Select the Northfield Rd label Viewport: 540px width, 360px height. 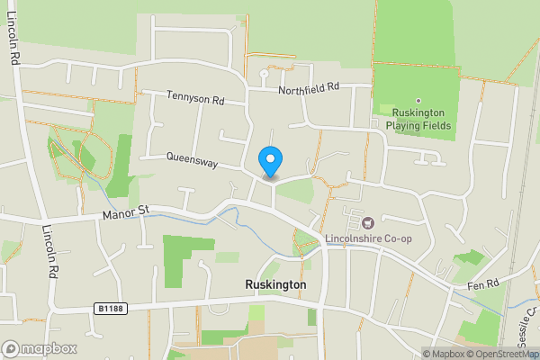(308, 87)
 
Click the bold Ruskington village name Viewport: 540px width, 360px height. (275, 284)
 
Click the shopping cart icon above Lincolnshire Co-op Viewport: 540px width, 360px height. (367, 222)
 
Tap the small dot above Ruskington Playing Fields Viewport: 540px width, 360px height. (418, 101)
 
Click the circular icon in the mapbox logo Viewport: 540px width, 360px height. (11, 349)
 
